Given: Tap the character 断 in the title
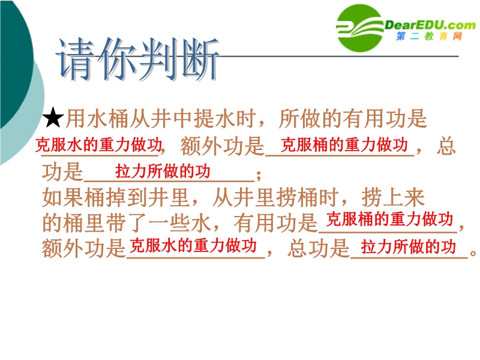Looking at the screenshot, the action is pos(200,58).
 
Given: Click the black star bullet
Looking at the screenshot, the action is pos(53,117).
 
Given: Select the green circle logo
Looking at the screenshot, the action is pos(359,28).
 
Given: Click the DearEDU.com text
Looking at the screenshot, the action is pos(430,25).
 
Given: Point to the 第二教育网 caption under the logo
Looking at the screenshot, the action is pos(429,36).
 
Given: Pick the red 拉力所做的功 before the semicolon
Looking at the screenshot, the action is pos(163,171).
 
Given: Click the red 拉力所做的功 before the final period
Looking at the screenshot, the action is pos(409,247).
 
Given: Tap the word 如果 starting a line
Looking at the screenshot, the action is pos(63,197).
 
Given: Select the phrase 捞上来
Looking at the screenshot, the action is pos(393,197).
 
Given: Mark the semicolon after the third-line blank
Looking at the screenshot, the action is pos(259,175).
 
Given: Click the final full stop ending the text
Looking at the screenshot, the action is pos(473,253).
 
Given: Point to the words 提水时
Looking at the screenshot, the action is pos(225,118).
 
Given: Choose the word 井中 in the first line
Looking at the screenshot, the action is pos(172,118).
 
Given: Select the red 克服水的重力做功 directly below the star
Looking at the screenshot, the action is pos(98,145).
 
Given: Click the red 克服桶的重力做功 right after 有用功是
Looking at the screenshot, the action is pos(389,219).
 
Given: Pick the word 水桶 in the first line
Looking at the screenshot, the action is pos(108,118).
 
